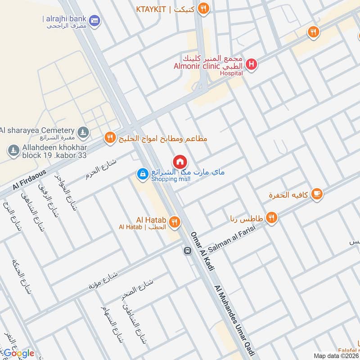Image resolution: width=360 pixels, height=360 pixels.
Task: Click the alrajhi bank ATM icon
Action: pos(94,20)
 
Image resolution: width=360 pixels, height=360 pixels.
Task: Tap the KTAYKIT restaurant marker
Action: pos(204,9)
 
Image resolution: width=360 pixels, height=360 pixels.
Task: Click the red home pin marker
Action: pos(180,161)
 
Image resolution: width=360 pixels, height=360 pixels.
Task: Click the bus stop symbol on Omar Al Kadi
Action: pos(187,251)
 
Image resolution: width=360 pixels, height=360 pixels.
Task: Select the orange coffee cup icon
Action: pos(317,193)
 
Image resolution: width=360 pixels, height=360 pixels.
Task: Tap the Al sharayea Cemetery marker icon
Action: pos(82,132)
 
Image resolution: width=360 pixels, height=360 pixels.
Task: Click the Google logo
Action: pos(18,353)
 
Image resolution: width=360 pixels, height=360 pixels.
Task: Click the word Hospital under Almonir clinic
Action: pos(232,73)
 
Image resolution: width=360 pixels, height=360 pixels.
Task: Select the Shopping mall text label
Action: pos(171,179)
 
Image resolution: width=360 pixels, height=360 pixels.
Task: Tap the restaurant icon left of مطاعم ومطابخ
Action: pos(110,138)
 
